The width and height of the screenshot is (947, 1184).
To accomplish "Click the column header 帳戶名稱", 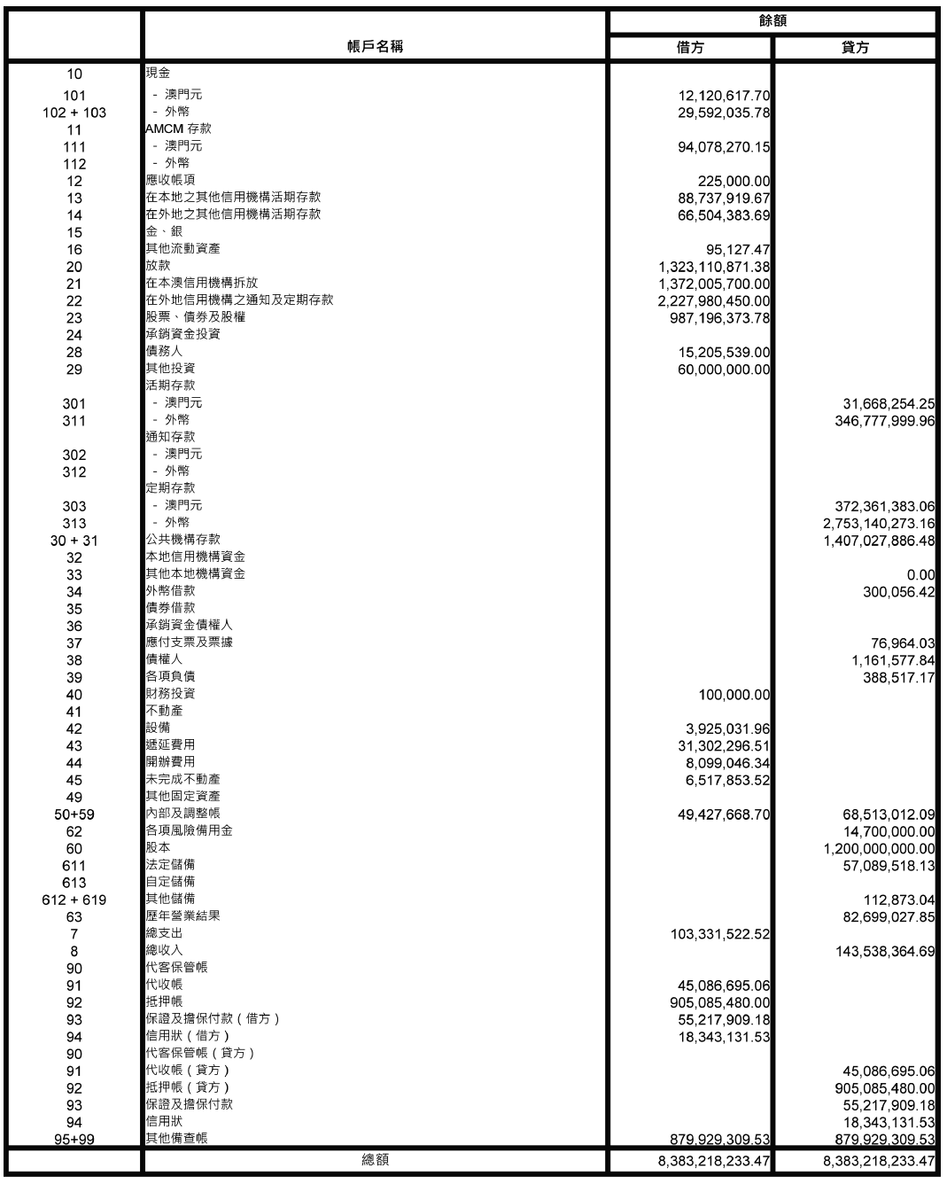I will click(x=375, y=47).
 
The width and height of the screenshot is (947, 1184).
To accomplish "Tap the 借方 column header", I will click(x=690, y=48).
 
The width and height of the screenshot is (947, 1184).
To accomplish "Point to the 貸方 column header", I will click(x=855, y=48).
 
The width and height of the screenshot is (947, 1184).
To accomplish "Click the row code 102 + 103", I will click(x=74, y=113).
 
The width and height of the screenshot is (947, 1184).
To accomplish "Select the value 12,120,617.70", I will click(x=724, y=96).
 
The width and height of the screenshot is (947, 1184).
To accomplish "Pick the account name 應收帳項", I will click(x=170, y=180).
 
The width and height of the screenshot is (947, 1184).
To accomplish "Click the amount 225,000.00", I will click(x=734, y=182).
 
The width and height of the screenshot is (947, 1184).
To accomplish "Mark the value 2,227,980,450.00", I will click(x=714, y=301).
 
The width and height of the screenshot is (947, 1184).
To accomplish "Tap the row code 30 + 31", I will click(x=74, y=541).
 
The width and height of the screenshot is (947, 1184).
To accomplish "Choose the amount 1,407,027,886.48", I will click(x=879, y=541).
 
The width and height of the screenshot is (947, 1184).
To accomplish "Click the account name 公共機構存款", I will click(x=182, y=539).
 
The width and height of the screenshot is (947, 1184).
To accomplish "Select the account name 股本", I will click(x=158, y=847).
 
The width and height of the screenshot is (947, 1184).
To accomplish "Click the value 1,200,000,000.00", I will click(x=879, y=849).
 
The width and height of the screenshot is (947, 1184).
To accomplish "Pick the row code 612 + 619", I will click(x=74, y=900).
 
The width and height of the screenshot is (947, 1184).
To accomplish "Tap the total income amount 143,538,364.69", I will click(x=885, y=952).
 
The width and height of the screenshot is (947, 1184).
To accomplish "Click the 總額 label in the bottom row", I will click(x=376, y=1159).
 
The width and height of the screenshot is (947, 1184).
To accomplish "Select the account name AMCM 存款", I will click(x=178, y=129).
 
